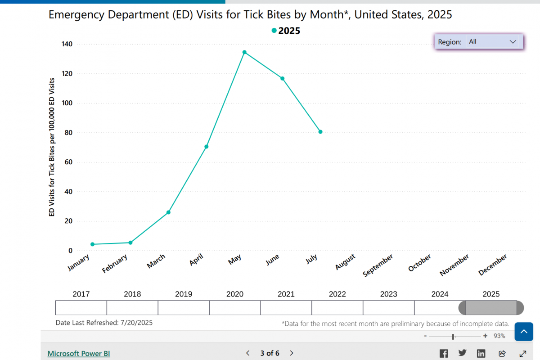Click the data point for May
coord(244,52)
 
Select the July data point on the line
coord(320,132)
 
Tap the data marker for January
coord(92,244)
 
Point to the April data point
coord(207,147)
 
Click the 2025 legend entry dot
coord(274,31)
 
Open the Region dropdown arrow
coord(513,41)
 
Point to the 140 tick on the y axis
coord(67,44)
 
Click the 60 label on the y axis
coord(67,162)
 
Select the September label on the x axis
coord(378,265)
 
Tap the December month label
coord(493,265)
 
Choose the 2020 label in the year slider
coord(235,294)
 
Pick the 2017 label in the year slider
coord(81,294)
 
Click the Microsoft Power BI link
coord(79,353)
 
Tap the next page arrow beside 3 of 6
coord(292,353)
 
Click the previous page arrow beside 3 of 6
coord(248,353)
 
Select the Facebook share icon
coord(444,353)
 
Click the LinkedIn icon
coord(481,353)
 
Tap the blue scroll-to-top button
coord(524,332)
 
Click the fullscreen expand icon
coord(523,353)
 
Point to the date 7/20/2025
coord(137,323)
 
